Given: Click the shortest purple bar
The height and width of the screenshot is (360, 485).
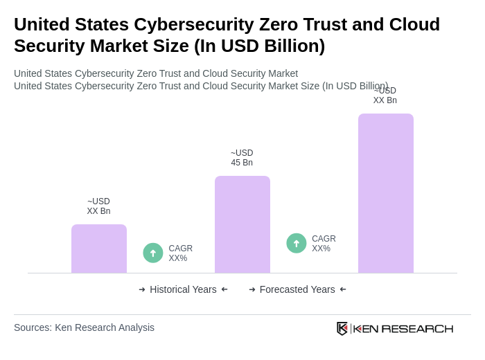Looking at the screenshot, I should tap(99, 249).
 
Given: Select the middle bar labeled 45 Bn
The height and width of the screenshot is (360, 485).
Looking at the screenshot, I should tap(242, 224).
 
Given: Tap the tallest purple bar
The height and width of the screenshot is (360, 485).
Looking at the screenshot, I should tap(386, 193).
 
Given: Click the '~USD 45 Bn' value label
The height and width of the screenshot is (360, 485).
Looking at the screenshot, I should tap(242, 158).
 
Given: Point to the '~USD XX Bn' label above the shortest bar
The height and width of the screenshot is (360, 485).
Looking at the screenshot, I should tap(98, 206).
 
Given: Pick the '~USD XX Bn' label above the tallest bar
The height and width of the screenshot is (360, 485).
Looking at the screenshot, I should tap(385, 96).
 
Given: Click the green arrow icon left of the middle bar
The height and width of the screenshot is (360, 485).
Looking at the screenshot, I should tap(153, 253).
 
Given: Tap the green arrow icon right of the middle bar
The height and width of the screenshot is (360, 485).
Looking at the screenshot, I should tap(297, 243).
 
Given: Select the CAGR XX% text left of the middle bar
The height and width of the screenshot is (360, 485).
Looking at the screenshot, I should tap(180, 253).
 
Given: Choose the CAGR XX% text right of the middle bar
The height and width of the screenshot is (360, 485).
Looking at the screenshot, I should tap(324, 244).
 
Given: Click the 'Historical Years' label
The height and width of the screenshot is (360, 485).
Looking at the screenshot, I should tap(183, 289).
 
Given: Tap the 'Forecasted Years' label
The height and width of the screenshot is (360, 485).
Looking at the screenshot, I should tap(297, 289).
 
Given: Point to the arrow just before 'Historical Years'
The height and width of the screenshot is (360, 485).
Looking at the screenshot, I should tap(142, 289).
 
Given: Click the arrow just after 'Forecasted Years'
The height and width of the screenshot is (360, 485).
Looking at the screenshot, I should tap(343, 289).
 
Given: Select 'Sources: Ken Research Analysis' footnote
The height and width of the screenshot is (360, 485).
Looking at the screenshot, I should tap(84, 327).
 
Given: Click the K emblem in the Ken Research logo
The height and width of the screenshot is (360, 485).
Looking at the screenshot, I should tap(342, 328).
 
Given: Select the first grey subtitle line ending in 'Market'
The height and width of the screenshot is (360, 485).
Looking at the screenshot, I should tap(156, 73).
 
